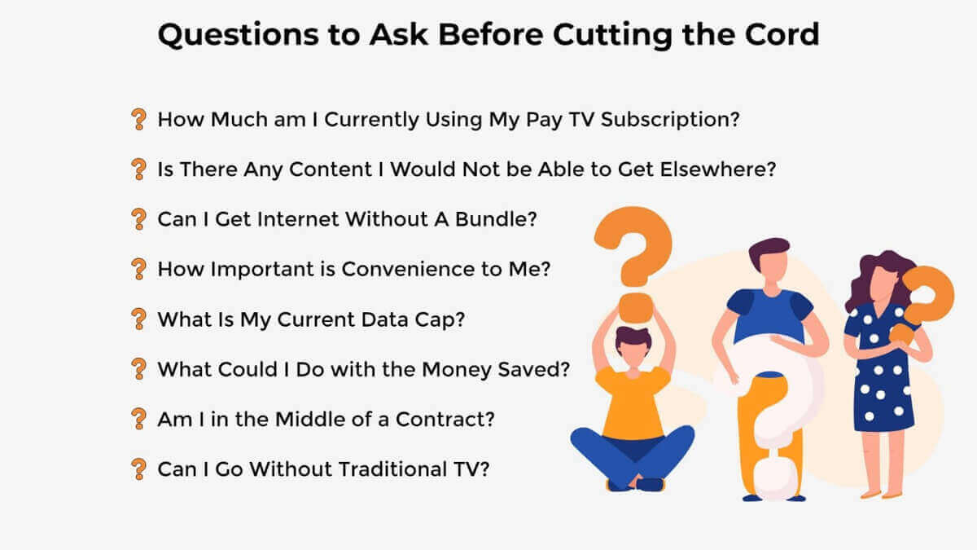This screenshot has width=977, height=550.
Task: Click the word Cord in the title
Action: pos(782,34)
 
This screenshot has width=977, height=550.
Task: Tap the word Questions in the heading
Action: pos(238,35)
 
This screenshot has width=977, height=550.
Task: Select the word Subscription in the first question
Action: pos(670,120)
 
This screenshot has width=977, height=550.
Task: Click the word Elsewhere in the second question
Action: pos(718,169)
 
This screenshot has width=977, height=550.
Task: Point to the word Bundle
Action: pos(496,219)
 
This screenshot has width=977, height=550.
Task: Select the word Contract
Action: pos(445,420)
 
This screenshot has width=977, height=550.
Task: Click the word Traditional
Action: pos(392,469)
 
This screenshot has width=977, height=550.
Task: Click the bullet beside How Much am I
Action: pos(138,119)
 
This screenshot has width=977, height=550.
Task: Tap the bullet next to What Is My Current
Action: pos(138,319)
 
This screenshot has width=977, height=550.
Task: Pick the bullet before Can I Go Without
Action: pos(138,469)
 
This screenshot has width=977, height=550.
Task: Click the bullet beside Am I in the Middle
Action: pos(138,419)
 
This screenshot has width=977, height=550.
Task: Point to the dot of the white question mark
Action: pos(775,479)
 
